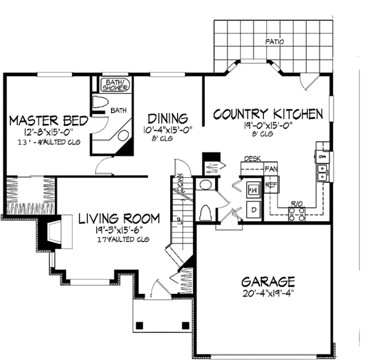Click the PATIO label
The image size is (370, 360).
point(275,43)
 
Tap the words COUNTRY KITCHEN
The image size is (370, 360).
point(268,114)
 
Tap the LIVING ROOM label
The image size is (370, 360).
point(119,219)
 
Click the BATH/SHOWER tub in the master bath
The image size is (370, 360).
point(115,85)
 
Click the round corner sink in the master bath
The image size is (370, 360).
point(122,136)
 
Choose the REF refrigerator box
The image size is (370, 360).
point(269,185)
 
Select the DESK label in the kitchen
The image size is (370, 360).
point(252,159)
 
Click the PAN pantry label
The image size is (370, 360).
point(270,169)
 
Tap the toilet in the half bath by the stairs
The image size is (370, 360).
point(205,211)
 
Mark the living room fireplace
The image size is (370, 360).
point(53,233)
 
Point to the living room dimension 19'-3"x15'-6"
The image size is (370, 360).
point(119,230)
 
